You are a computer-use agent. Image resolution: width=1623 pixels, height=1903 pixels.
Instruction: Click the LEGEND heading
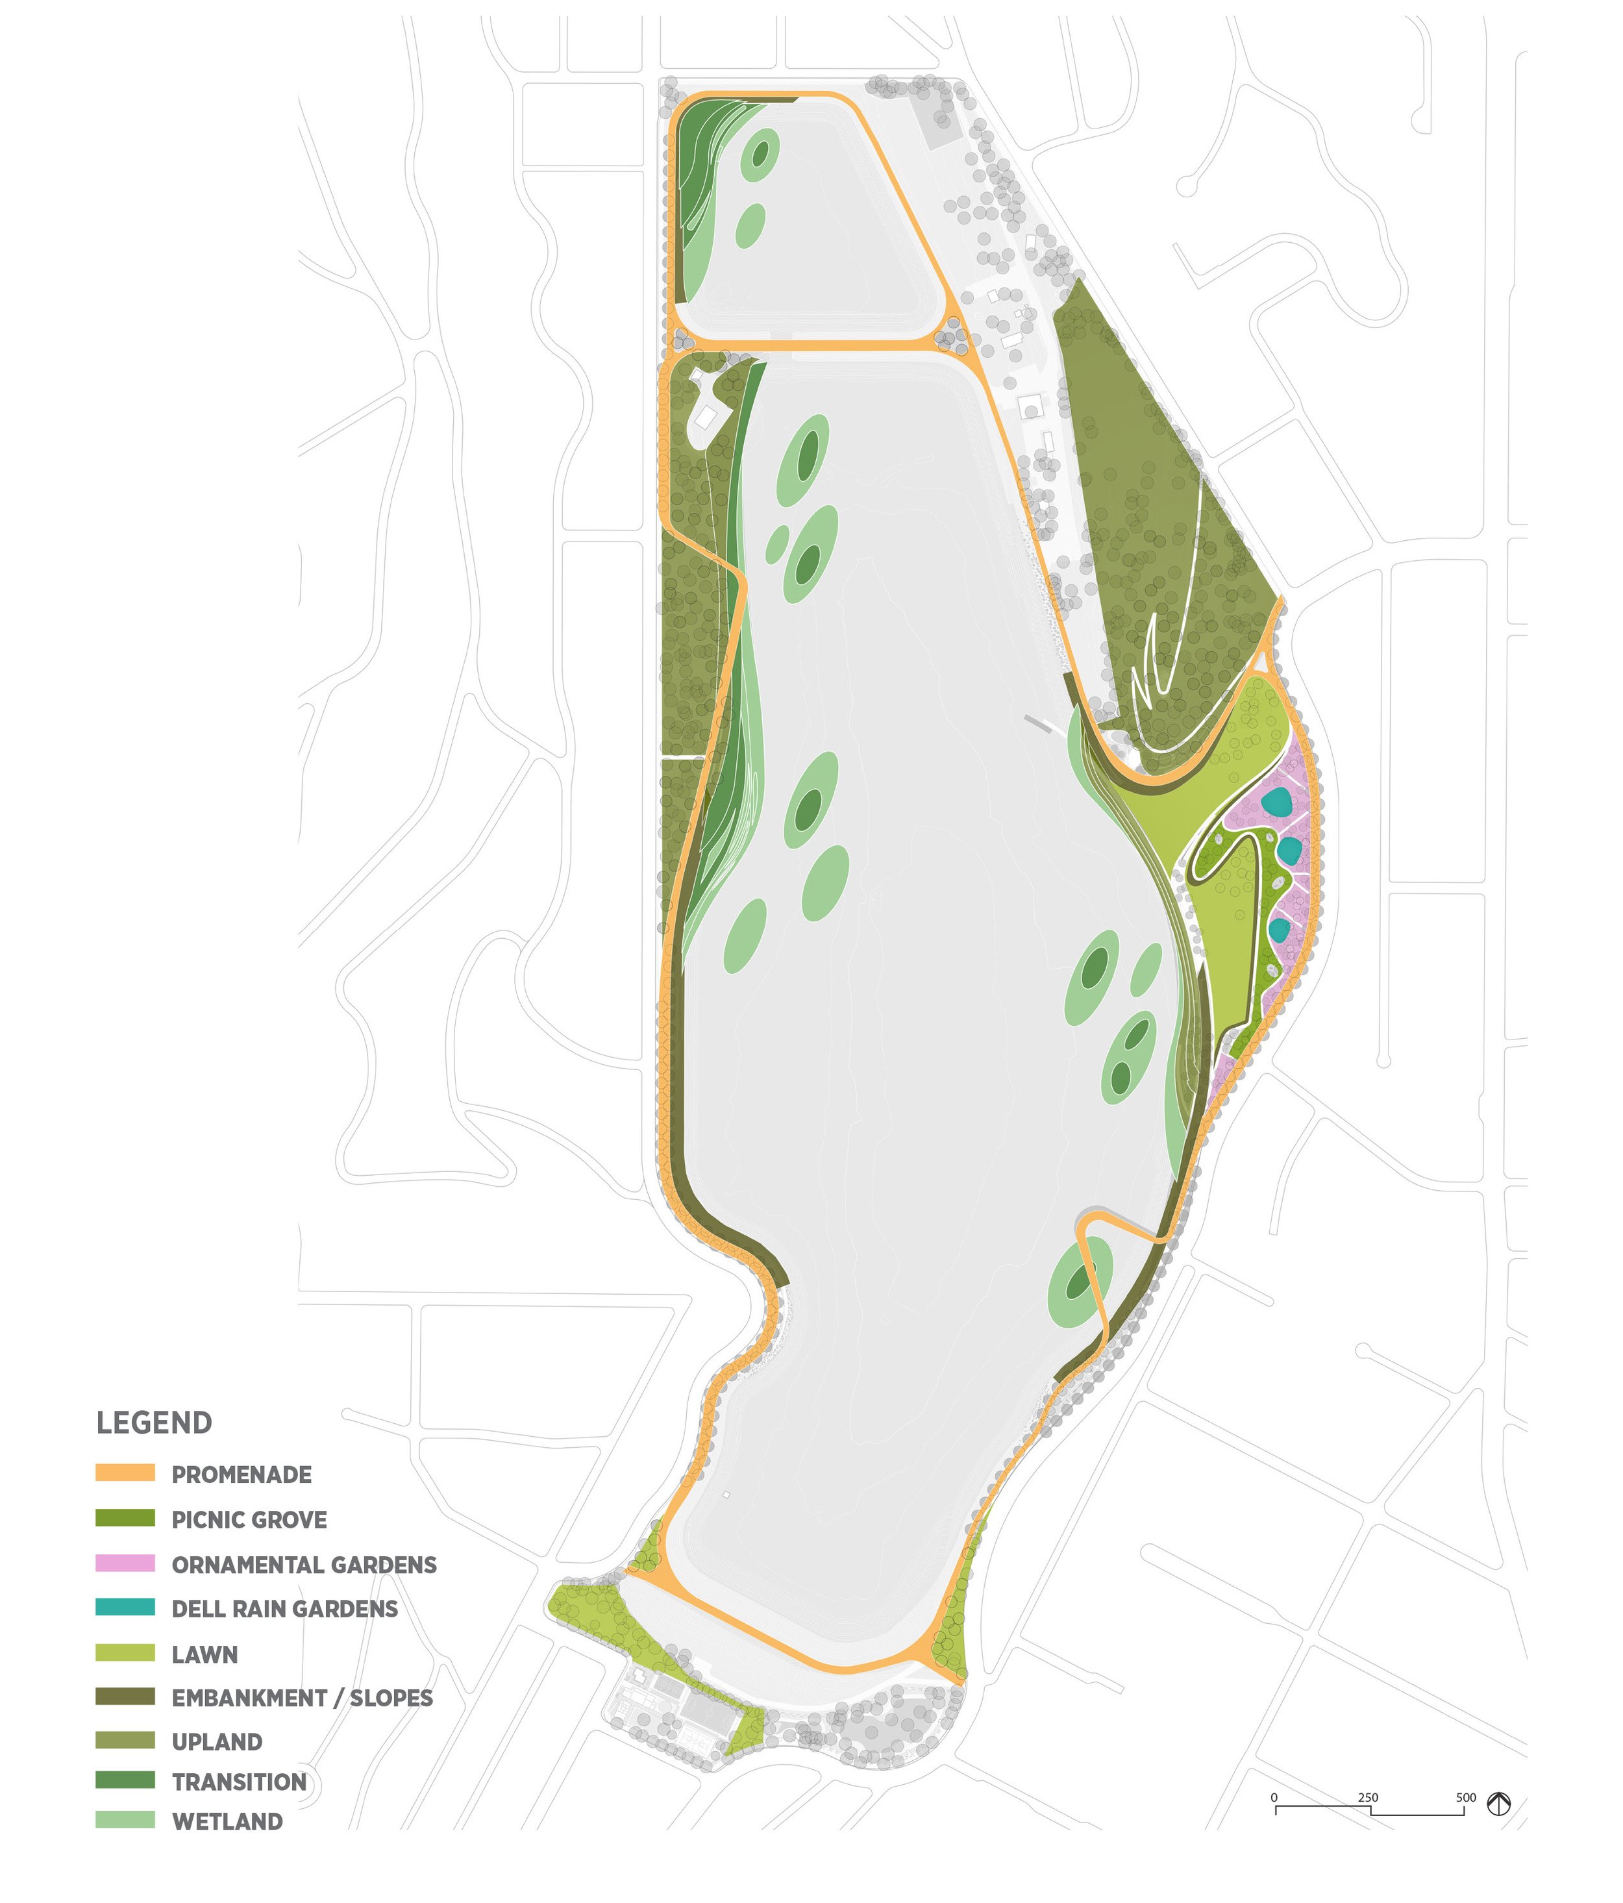(155, 1423)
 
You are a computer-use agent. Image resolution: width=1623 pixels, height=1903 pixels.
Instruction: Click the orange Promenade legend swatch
(125, 1473)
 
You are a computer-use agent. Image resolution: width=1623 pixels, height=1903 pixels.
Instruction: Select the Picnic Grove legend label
(249, 1519)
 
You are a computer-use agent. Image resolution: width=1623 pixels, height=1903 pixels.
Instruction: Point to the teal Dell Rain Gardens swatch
(125, 1608)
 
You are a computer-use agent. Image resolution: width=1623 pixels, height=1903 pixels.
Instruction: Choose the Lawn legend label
(205, 1654)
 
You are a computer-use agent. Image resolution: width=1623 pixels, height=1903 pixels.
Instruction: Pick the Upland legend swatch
(125, 1741)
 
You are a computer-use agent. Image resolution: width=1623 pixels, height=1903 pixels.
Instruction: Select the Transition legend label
(239, 1782)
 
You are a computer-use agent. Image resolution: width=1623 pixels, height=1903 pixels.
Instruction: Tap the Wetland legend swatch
(125, 1821)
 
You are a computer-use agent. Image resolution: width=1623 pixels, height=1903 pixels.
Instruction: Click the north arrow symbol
(1499, 1804)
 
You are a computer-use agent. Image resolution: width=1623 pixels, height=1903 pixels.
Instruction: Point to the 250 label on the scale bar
(1368, 1797)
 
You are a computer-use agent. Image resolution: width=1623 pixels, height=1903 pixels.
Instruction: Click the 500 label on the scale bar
(1465, 1797)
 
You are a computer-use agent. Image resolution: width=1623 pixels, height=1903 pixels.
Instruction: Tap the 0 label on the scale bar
(1274, 1797)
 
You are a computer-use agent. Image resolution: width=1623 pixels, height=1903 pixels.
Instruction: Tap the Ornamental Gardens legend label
(304, 1564)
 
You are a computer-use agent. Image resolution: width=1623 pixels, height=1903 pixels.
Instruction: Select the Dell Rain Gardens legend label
(285, 1608)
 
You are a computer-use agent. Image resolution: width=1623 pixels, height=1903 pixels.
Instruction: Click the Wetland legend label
(227, 1821)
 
